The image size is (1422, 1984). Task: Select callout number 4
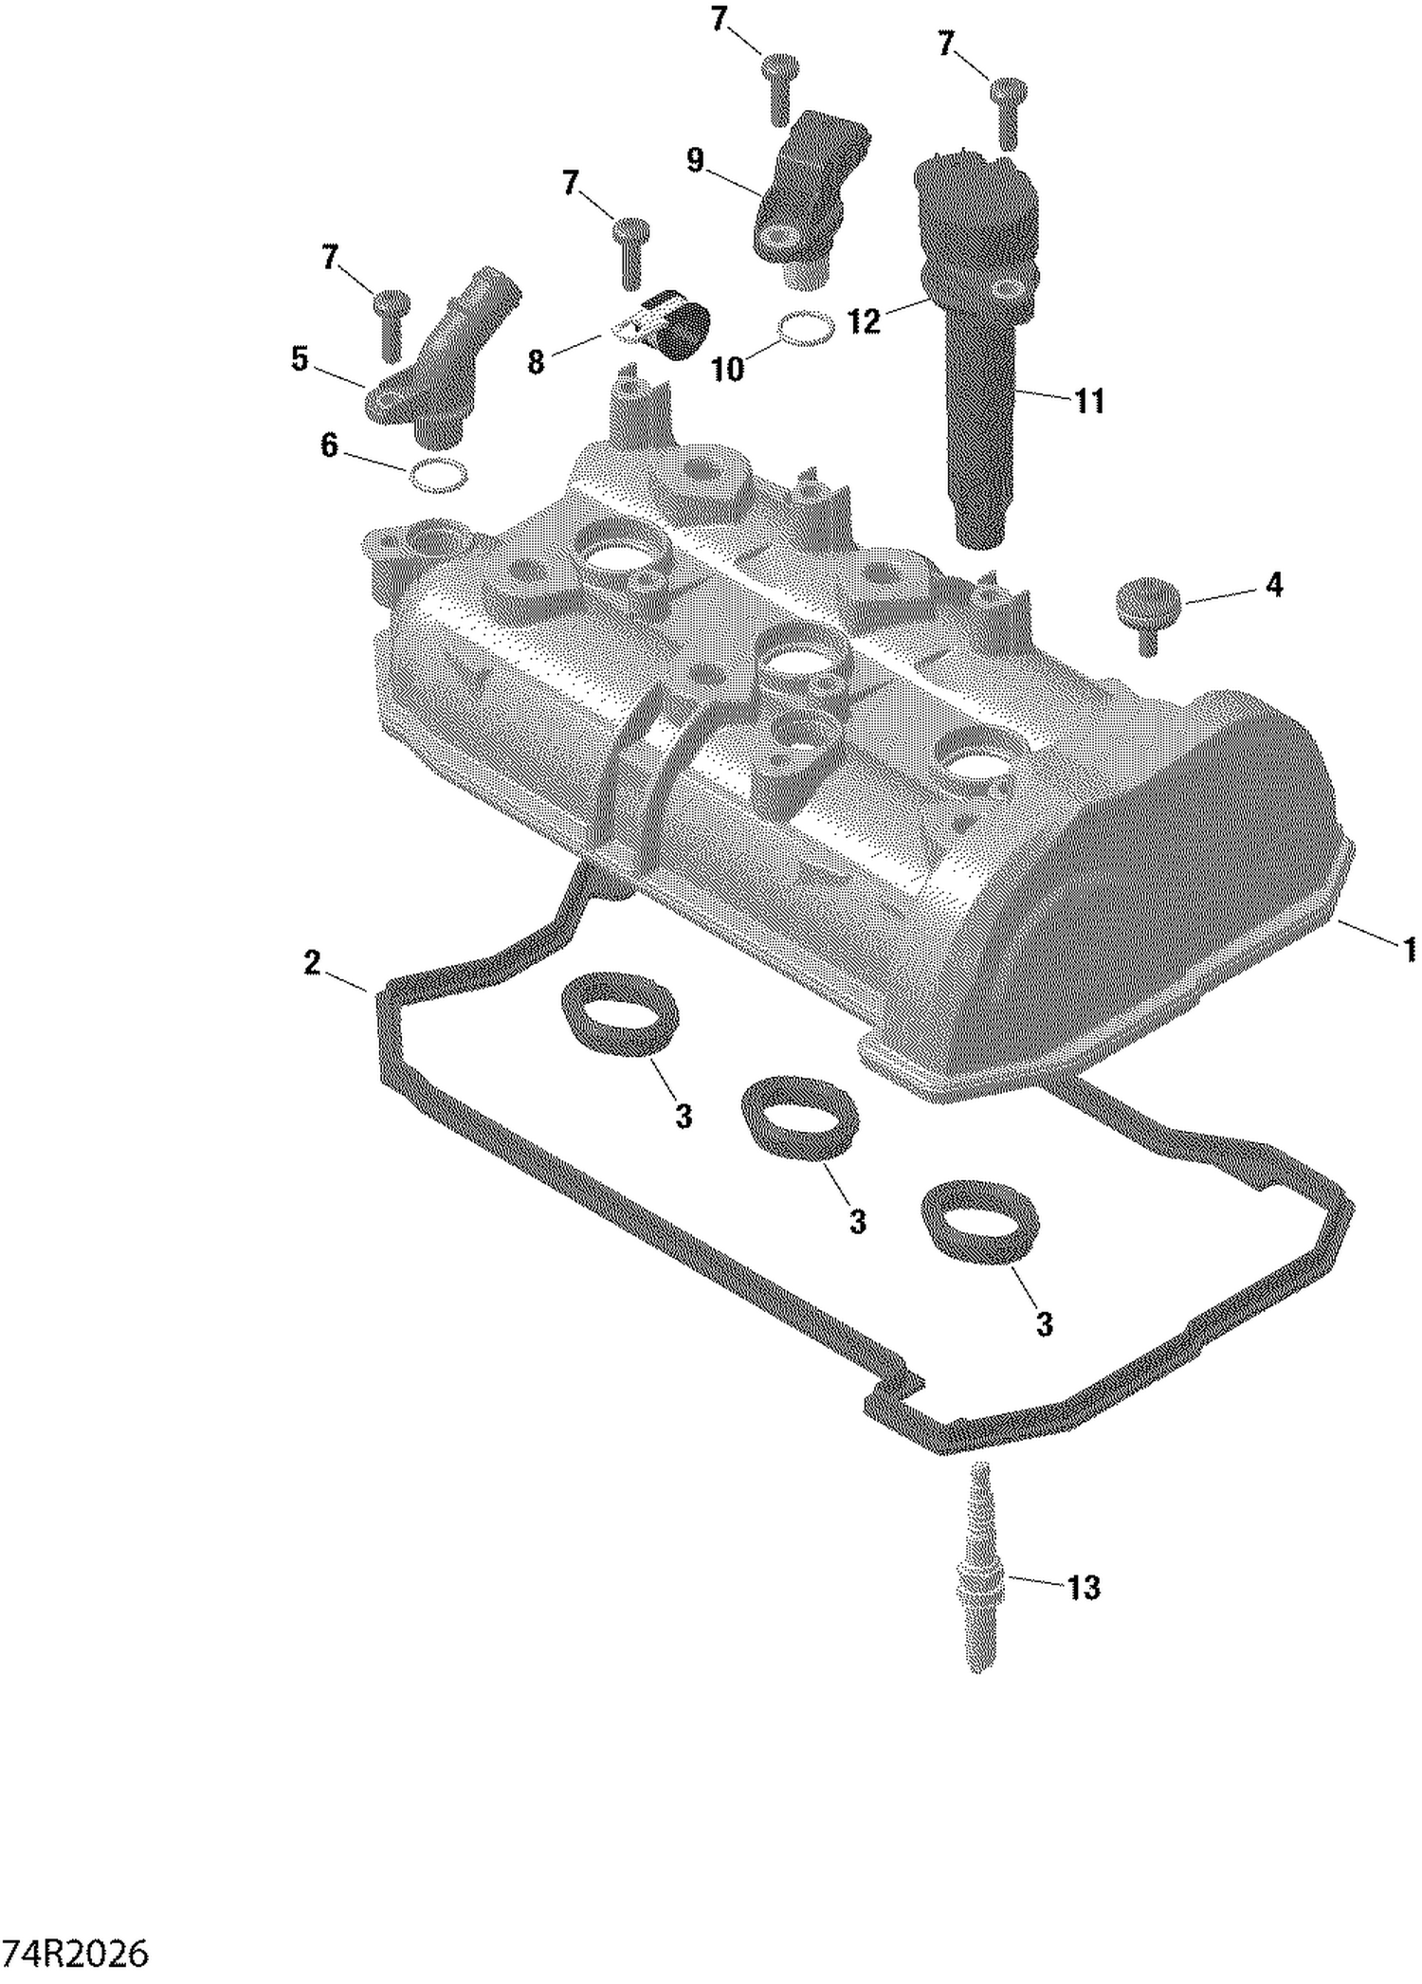(1274, 585)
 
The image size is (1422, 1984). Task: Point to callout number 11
(1090, 401)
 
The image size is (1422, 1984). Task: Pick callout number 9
(695, 160)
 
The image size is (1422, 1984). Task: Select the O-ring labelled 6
(438, 476)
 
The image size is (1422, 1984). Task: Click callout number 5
(300, 359)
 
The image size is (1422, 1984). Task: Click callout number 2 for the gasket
(312, 963)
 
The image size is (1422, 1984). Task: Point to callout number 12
(864, 320)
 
